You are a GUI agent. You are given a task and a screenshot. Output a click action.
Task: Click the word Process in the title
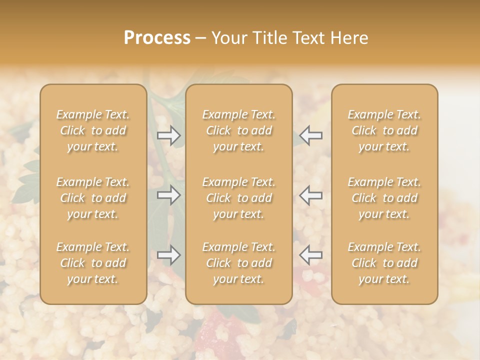pyautogui.click(x=157, y=38)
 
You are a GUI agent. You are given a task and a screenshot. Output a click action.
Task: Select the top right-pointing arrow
pyautogui.click(x=169, y=135)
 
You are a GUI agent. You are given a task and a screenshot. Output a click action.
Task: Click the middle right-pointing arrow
pyautogui.click(x=169, y=195)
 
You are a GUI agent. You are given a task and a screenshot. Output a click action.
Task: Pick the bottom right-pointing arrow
pyautogui.click(x=169, y=255)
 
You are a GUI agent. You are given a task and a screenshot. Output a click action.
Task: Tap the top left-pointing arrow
pyautogui.click(x=310, y=135)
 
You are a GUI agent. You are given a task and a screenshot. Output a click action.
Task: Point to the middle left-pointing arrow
pyautogui.click(x=310, y=195)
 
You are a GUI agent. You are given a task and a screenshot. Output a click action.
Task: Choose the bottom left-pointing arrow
pyautogui.click(x=310, y=255)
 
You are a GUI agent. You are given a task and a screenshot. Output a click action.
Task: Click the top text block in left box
pyautogui.click(x=93, y=130)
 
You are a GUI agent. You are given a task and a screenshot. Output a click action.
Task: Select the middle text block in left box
pyautogui.click(x=93, y=198)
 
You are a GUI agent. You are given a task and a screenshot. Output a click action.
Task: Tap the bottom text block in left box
pyautogui.click(x=93, y=263)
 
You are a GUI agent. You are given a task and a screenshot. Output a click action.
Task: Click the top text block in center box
pyautogui.click(x=238, y=130)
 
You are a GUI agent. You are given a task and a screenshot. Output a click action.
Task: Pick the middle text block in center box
pyautogui.click(x=238, y=198)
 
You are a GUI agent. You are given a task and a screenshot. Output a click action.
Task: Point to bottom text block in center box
pyautogui.click(x=238, y=263)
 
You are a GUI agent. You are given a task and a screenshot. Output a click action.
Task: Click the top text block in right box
pyautogui.click(x=384, y=130)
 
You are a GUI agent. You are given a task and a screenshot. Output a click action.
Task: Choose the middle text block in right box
pyautogui.click(x=384, y=198)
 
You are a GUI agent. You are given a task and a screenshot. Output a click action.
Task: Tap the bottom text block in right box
pyautogui.click(x=384, y=263)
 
